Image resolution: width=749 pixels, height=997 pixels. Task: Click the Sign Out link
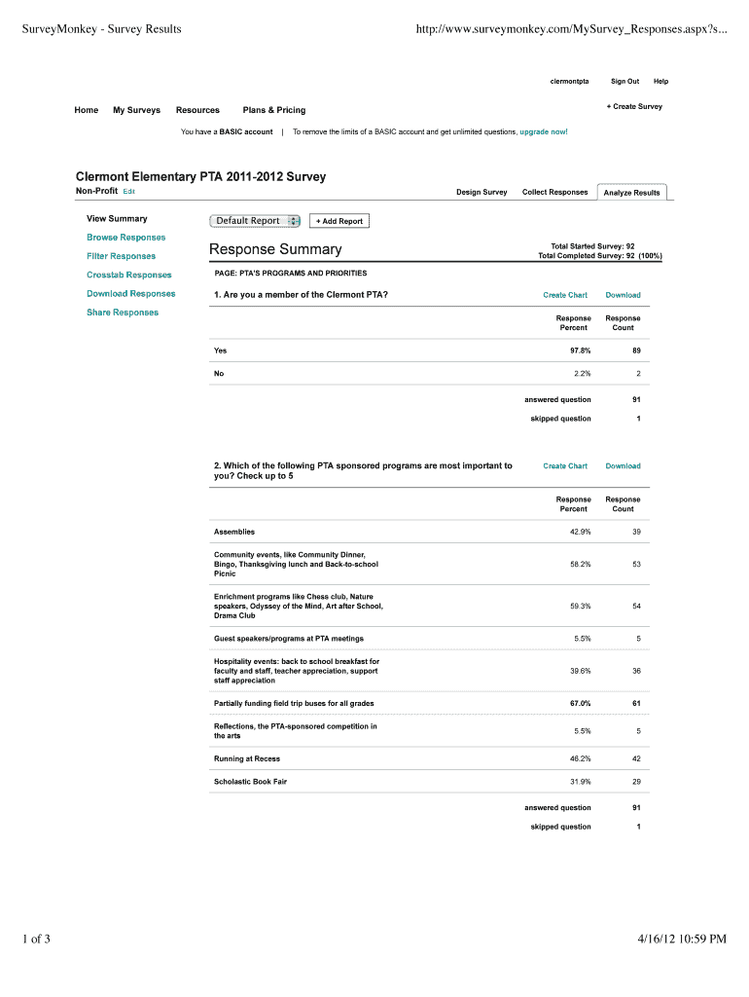(624, 81)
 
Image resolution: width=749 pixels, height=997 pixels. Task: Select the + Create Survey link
(634, 106)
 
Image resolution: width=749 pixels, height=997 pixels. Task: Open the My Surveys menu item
(136, 110)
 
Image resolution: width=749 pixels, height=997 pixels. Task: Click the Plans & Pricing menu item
(273, 110)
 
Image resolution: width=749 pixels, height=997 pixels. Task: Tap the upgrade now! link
(544, 130)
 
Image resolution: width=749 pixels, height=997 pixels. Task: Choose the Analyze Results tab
(631, 193)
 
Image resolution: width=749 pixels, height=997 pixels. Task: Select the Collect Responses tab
(554, 192)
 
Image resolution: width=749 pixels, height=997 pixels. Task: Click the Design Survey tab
(481, 192)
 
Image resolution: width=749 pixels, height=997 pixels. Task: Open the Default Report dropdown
(256, 221)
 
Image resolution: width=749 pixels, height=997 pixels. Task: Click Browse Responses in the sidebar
(125, 238)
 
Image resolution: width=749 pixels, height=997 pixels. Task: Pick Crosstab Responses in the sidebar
(128, 275)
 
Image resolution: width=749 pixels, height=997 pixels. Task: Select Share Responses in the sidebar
(122, 313)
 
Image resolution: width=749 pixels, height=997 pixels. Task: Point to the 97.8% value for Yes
(573, 351)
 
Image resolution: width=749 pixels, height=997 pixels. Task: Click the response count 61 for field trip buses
(636, 703)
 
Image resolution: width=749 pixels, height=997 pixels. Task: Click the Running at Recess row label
(246, 758)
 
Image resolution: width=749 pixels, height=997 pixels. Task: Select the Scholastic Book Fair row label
(250, 782)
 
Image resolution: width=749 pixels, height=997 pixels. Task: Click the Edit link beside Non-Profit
(128, 192)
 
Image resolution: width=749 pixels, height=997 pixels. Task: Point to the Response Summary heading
(275, 250)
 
